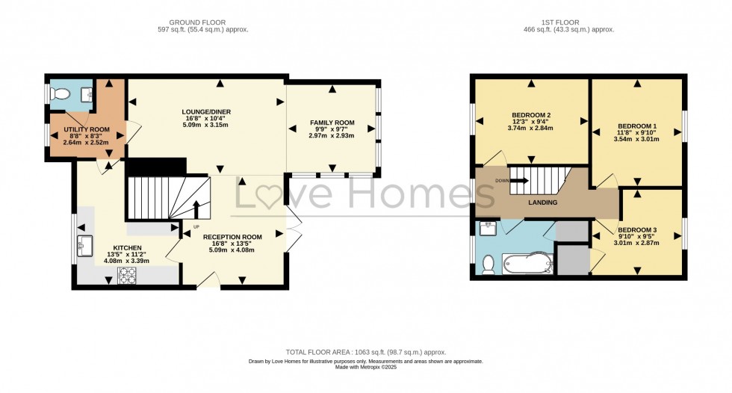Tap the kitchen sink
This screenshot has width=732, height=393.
pos(85,246)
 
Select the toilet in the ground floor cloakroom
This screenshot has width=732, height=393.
pos(59,94)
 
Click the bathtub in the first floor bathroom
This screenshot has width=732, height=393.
pos(527,264)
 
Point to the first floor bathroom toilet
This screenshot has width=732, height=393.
pos(488,264)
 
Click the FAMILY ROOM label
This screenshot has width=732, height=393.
pos(332,123)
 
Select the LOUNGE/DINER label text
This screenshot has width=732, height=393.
pos(206,112)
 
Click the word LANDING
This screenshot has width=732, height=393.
pos(542,202)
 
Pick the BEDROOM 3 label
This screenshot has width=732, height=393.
pos(637,230)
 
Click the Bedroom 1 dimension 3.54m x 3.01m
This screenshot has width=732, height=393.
pos(636,139)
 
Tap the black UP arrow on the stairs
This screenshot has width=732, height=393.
pos(196,209)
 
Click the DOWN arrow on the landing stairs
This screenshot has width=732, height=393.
pos(520,181)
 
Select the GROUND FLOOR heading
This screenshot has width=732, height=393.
pos(197,22)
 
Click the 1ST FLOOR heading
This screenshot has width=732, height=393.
pos(560,22)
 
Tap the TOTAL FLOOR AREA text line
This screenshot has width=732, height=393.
pos(366,353)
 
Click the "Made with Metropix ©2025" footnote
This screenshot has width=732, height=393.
pos(366,368)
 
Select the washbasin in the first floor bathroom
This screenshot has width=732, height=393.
pos(488,229)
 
